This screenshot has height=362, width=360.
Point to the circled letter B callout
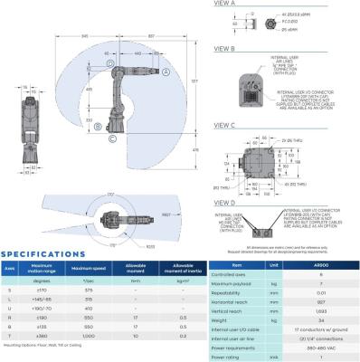coord(97,127)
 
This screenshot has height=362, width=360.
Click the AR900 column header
coord(322,265)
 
